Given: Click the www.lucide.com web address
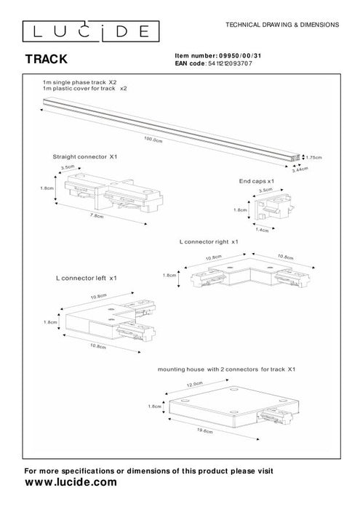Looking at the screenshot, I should pos(71,482).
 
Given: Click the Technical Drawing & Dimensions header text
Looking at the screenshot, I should pos(283,24).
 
